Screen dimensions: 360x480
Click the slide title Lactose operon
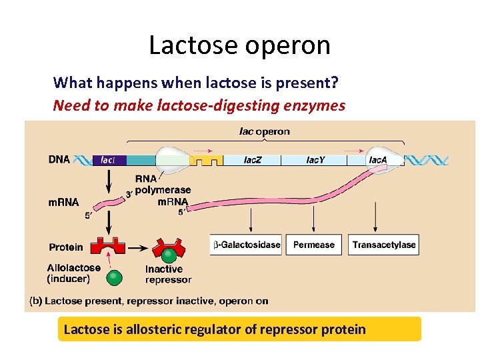[x=239, y=45]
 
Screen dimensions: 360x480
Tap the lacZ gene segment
[x=251, y=160]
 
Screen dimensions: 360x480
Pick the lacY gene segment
[x=316, y=160]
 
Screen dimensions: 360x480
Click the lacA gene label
[x=377, y=160]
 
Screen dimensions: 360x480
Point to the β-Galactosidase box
[x=246, y=245]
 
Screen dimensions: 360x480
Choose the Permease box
[x=313, y=245]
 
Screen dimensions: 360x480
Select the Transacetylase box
[x=384, y=245]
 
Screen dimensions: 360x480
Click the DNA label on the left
[x=59, y=160]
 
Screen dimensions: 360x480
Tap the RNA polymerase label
[x=162, y=185]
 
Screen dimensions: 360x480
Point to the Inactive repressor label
[x=168, y=275]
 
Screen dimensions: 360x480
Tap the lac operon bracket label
[x=264, y=131]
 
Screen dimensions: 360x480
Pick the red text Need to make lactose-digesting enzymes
[x=199, y=105]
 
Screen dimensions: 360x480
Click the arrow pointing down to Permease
[x=313, y=218]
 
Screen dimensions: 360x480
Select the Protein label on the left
[x=66, y=247]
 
